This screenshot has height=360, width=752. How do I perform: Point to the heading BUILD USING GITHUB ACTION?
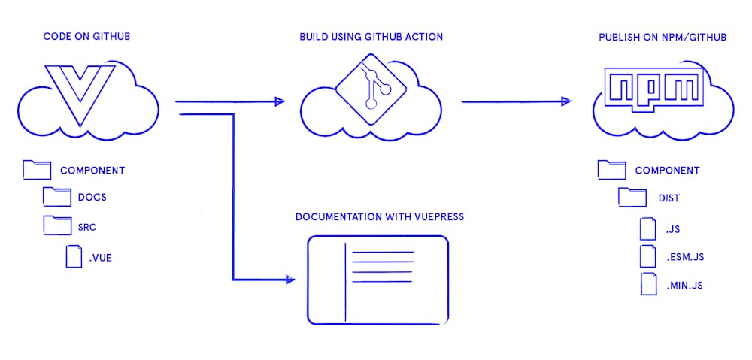coord(371,37)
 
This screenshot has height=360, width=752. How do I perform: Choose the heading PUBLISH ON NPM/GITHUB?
coord(662,37)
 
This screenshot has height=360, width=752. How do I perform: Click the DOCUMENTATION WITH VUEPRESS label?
coord(380,217)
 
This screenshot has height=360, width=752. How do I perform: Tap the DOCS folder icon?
coord(57,198)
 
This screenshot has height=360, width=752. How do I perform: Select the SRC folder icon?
coord(57,225)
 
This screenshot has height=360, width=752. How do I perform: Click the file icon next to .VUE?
coord(74,257)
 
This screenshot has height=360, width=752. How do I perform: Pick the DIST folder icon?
coord(632,198)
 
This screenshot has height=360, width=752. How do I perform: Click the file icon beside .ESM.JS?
coord(648,256)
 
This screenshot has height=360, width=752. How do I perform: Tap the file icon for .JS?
coord(648,228)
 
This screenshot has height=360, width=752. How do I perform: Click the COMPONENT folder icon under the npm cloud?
coord(611,170)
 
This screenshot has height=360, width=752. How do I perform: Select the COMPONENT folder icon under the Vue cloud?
coord(37,170)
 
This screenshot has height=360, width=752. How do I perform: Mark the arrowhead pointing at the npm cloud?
coord(566,101)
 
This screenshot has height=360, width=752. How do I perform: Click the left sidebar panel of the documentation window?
coord(327,280)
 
